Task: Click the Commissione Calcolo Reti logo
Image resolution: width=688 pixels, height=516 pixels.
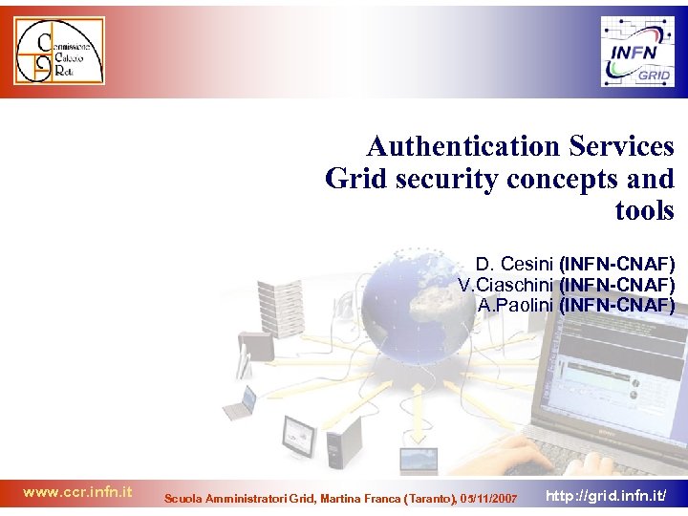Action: point(58,51)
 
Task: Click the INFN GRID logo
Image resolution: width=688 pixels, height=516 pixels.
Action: point(636,52)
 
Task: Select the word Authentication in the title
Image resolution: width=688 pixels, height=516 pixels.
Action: point(454,147)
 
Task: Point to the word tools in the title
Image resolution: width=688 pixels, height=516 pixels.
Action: point(645,210)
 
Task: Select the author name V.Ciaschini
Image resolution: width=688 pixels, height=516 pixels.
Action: point(505,285)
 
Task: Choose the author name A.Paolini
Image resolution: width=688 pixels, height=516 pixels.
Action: point(516,306)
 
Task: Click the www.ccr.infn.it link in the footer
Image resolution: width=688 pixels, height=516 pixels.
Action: point(77,493)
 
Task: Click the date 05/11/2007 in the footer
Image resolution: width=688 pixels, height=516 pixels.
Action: point(488,499)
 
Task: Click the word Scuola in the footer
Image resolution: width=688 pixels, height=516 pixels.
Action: point(183,499)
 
